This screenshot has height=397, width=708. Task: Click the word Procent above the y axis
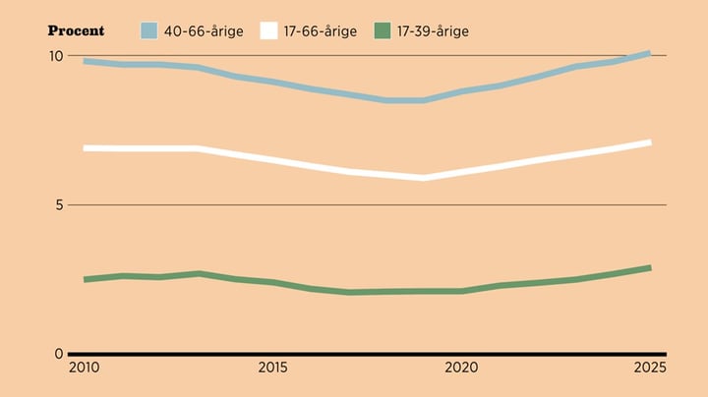(76, 30)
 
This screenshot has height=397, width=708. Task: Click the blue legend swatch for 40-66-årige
(148, 30)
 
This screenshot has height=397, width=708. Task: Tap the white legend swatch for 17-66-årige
(268, 30)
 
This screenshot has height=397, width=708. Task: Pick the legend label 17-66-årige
(322, 30)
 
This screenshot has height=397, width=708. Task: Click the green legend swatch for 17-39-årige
(383, 30)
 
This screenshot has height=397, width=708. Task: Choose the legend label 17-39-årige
(435, 30)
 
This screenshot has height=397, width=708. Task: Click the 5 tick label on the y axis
(58, 205)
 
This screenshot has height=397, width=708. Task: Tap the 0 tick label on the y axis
(58, 354)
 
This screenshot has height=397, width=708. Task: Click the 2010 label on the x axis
(85, 369)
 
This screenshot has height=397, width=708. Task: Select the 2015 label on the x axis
(273, 369)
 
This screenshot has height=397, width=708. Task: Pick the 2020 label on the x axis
(461, 369)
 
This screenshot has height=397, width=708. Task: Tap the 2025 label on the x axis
(650, 369)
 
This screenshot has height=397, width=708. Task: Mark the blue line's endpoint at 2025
(649, 53)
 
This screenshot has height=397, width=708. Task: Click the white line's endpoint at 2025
(649, 142)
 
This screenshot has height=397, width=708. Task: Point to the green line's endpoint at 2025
(649, 267)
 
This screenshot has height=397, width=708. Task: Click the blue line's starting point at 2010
(86, 61)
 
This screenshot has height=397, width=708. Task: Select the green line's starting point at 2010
(86, 279)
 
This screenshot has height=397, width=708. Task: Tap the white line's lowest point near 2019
(423, 178)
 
